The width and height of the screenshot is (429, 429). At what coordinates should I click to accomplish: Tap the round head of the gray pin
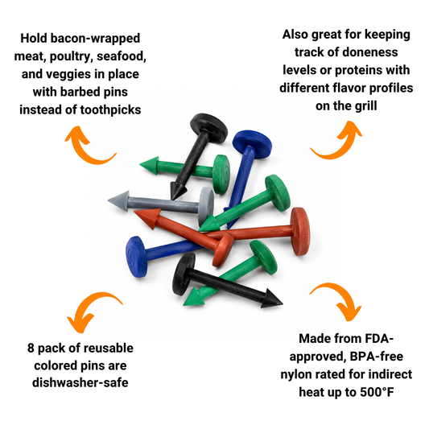[206, 206]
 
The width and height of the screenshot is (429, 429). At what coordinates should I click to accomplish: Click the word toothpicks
[110, 110]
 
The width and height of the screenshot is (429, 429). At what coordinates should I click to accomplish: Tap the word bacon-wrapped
[96, 39]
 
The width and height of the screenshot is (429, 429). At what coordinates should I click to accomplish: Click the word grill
[365, 106]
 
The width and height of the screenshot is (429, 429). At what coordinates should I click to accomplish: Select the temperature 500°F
[377, 392]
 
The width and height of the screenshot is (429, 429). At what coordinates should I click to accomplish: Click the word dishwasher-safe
[80, 382]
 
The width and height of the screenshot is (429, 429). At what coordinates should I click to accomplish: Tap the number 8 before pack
[31, 349]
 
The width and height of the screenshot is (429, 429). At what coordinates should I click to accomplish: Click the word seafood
[122, 56]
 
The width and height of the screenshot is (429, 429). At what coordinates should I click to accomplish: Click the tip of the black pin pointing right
[283, 303]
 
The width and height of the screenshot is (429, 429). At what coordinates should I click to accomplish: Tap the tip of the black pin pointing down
[172, 199]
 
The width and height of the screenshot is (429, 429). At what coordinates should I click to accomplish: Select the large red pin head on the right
[300, 232]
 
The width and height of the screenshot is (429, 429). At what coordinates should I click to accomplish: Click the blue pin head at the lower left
[136, 257]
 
